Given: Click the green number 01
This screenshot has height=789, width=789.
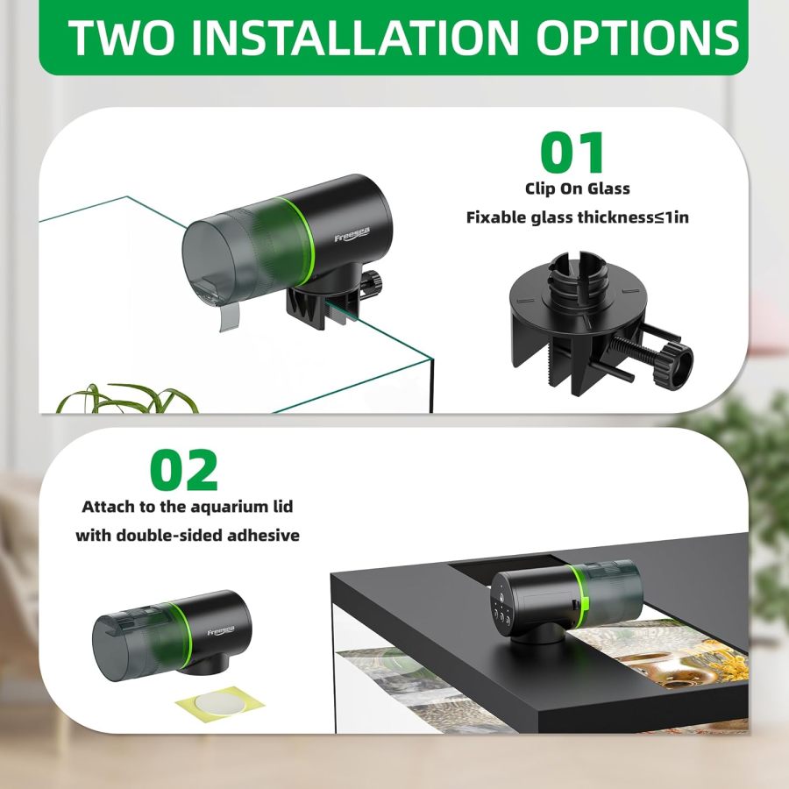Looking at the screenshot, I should click(572, 153).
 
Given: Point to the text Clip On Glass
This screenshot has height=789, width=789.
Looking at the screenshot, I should click(577, 188).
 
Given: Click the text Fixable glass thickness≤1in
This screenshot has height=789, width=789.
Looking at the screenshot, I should click(577, 217).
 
